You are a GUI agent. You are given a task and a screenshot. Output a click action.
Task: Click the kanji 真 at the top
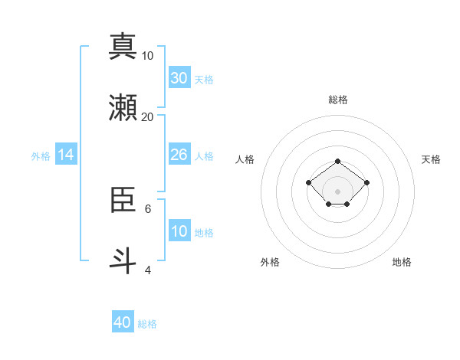pos(123,46)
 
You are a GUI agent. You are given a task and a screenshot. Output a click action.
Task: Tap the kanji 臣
pos(123,200)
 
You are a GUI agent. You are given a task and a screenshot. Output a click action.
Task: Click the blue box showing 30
pos(179,78)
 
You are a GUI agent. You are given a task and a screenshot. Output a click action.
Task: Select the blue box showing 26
pos(179,155)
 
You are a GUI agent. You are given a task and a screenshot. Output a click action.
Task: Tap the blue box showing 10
pos(179,231)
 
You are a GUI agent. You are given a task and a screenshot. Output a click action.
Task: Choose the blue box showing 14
pos(66,155)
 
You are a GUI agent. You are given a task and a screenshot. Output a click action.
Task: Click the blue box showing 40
pos(123,322)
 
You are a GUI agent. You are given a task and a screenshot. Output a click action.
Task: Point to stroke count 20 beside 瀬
pos(148,116)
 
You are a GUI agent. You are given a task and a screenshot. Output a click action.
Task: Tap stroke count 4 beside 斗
pos(148,270)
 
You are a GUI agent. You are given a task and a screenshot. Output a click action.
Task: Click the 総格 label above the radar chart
pos(338,100)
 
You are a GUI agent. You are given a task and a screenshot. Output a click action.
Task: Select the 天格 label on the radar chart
pos(431,159)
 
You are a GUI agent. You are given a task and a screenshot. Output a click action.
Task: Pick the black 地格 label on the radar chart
pos(402,262)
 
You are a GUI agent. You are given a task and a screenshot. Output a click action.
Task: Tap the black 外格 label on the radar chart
pos(270,262)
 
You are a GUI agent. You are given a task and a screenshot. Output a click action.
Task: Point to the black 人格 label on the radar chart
pos(245,159)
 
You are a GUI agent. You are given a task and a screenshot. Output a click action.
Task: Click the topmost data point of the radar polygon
pos(338,161)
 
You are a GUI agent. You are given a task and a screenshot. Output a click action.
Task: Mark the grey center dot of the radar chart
pos(338,191)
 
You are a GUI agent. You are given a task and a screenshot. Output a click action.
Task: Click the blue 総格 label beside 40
pos(147,324)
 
